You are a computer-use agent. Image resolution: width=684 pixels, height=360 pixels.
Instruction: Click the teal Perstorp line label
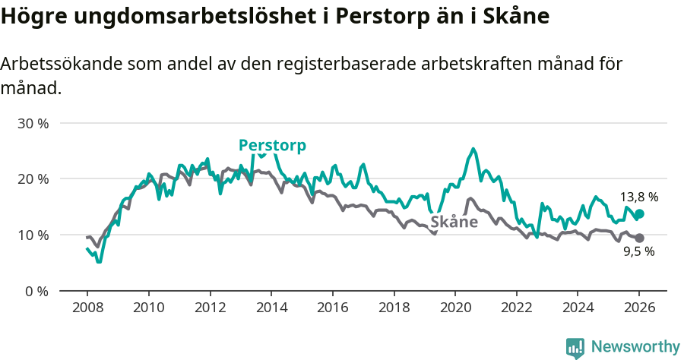[x=272, y=145]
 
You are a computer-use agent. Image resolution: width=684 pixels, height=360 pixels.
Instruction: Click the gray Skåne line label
[x=454, y=222]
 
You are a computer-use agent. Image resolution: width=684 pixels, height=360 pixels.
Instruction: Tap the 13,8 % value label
[x=638, y=197]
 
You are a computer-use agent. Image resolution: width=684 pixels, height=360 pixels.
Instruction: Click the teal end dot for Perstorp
[x=639, y=214]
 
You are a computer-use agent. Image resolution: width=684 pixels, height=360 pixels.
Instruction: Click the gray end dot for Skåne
[x=639, y=238]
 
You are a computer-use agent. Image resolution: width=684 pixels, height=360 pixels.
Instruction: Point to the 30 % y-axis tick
[x=33, y=123]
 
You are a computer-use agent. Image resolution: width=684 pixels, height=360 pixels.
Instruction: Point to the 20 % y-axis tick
[x=33, y=178]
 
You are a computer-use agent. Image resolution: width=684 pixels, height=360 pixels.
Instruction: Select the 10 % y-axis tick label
[x=33, y=235]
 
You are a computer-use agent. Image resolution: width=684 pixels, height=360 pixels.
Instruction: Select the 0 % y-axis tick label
[x=36, y=291]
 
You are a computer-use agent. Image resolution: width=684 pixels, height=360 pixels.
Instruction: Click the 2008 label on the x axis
[x=87, y=308]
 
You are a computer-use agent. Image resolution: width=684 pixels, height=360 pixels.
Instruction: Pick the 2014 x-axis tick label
[x=271, y=308]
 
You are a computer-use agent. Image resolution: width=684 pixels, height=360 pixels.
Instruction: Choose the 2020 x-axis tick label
[x=455, y=308]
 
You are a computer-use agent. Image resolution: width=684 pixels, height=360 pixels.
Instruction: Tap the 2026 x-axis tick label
[x=639, y=308]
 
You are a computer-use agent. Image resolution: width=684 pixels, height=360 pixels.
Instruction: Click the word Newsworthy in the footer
[x=635, y=347]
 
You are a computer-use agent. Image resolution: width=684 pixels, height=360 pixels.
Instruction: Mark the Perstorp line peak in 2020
[x=473, y=149]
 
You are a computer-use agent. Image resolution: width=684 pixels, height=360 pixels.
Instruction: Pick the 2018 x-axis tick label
[x=394, y=308]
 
